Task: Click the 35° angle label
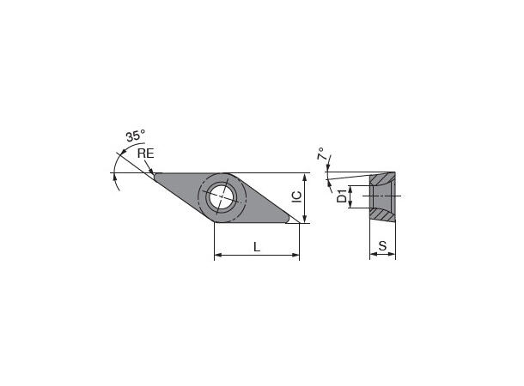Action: (135, 136)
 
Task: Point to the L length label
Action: (257, 247)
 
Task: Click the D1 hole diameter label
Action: (342, 198)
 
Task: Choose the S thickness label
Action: (382, 247)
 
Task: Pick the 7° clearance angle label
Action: (321, 155)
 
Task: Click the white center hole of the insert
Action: (222, 196)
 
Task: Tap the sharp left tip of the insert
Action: (156, 173)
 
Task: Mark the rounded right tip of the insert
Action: (289, 221)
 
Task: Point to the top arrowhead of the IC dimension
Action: (303, 177)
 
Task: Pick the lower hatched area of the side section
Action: (384, 215)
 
